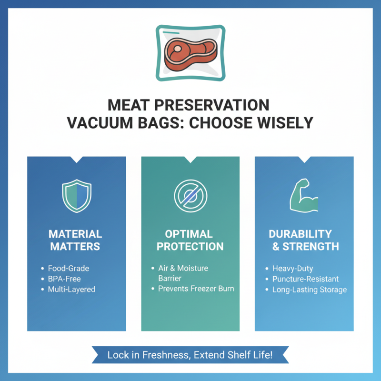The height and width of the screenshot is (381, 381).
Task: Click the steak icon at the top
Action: [x=190, y=53]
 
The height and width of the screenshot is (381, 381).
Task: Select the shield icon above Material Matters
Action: [x=77, y=196]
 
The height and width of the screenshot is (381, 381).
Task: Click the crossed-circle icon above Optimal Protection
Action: [x=190, y=196]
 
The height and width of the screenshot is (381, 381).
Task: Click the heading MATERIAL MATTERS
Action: [x=75, y=240]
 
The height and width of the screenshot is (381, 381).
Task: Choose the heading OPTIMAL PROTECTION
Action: [x=190, y=240]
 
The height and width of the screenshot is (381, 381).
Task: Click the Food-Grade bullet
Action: [x=68, y=268]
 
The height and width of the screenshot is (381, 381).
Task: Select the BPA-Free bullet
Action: [x=64, y=279]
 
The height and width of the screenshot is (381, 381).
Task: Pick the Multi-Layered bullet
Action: [x=71, y=289]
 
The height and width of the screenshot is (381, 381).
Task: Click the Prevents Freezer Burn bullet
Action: [x=196, y=289]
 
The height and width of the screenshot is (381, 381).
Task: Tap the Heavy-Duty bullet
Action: [x=293, y=269]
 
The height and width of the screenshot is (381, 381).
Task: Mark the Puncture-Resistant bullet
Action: [x=305, y=279]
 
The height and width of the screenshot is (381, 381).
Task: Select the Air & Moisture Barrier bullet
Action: [x=183, y=273]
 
